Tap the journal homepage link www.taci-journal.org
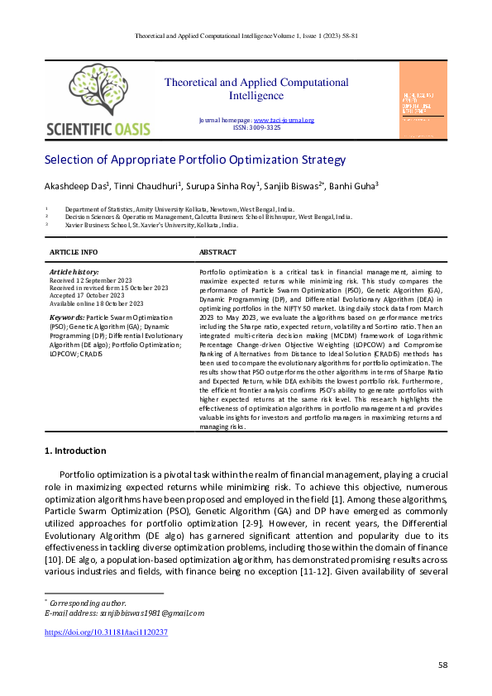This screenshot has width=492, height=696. tap(289, 121)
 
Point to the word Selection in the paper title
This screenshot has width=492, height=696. tap(71, 160)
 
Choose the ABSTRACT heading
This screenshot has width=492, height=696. tap(217, 252)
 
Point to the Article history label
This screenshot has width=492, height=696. tap(74, 271)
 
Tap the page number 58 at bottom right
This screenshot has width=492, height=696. tap(442, 665)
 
